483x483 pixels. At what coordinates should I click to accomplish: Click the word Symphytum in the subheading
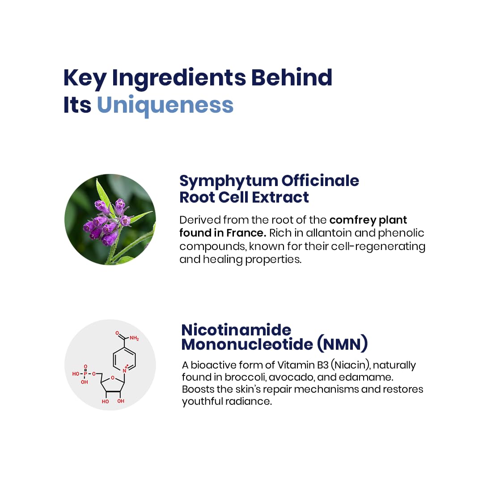coord(229,182)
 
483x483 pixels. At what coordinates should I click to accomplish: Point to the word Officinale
coord(320,181)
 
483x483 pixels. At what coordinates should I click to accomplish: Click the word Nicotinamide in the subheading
coord(236,330)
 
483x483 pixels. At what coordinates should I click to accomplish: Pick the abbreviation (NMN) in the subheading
coord(343,344)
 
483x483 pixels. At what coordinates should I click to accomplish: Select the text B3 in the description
coord(323,365)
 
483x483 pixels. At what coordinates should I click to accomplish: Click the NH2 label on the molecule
coord(134,338)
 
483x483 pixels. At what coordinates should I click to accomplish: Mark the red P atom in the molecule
coord(85,373)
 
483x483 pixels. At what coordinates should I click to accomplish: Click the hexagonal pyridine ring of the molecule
coord(124,359)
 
